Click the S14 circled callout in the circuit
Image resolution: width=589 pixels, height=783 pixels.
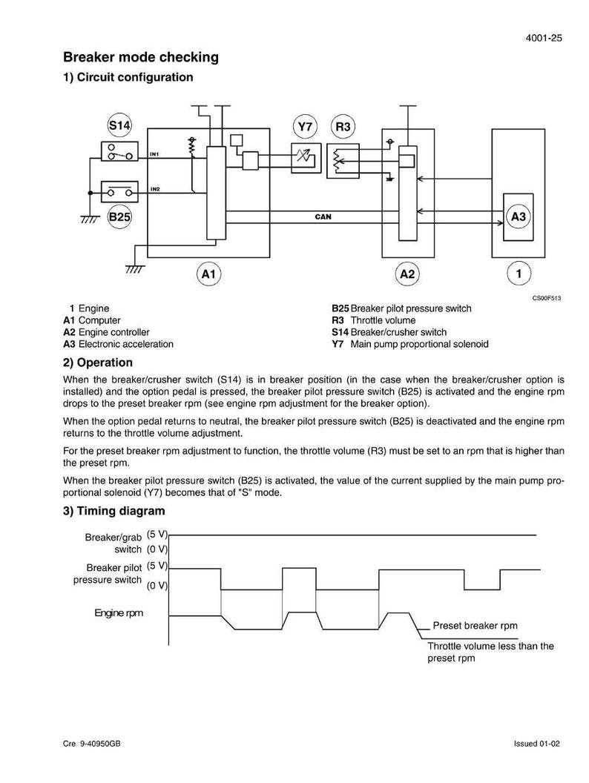(x=119, y=125)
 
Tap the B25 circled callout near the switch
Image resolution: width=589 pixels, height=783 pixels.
(x=119, y=217)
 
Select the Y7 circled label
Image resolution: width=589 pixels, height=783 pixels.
(x=305, y=127)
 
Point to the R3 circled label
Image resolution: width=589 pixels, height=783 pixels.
(x=343, y=127)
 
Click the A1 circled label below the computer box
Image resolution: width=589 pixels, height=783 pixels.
(x=208, y=274)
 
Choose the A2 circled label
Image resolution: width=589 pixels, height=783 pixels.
(x=408, y=274)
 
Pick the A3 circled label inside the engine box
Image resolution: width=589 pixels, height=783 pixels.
(x=519, y=217)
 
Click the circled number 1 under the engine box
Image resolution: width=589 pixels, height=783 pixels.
(x=519, y=274)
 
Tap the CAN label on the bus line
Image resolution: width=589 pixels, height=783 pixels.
(x=323, y=217)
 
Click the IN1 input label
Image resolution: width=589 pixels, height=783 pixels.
(x=154, y=154)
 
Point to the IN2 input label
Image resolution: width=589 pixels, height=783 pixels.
(x=155, y=189)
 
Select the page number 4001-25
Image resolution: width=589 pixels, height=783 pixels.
(x=544, y=38)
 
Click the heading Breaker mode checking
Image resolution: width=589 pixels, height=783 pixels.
(x=141, y=57)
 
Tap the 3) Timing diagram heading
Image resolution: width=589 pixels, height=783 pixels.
(x=114, y=511)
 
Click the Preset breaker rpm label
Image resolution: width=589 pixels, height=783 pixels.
(x=475, y=626)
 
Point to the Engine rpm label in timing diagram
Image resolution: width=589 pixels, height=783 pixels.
(x=119, y=612)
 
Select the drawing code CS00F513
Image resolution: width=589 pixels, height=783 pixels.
(x=547, y=298)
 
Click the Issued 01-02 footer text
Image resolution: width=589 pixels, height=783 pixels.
(x=537, y=744)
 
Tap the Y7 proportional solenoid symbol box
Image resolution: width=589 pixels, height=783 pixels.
(x=306, y=158)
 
